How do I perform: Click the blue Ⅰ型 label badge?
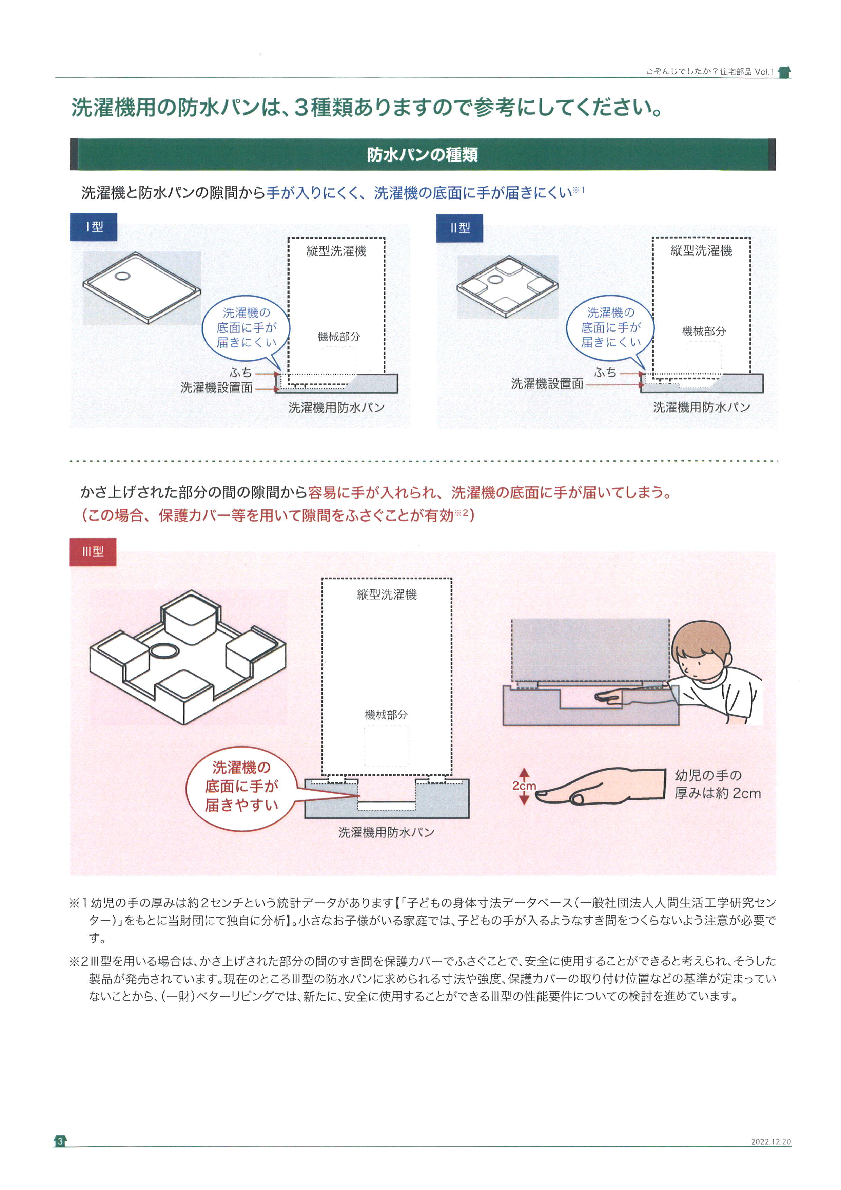point(94,227)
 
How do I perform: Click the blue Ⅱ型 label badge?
point(459,228)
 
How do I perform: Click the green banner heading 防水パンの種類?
point(422,154)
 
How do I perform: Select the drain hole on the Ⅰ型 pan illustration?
point(123,276)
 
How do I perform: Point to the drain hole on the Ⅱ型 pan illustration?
point(494,279)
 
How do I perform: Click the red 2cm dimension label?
point(524,786)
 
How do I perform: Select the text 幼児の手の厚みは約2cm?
point(717,784)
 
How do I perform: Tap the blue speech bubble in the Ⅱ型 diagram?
point(610,327)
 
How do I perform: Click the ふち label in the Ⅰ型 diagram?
point(241,372)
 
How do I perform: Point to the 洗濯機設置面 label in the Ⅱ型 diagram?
point(547,383)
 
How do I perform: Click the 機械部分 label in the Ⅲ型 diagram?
point(386,715)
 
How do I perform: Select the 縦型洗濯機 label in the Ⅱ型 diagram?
point(701,251)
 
